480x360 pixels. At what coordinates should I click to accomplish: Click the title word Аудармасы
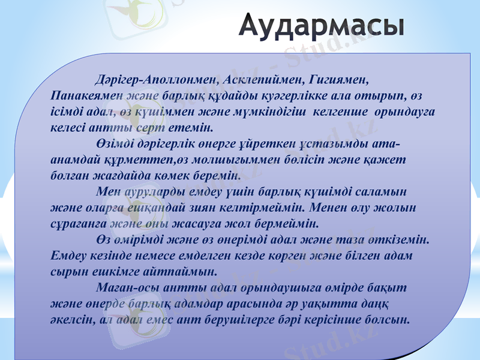323,26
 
